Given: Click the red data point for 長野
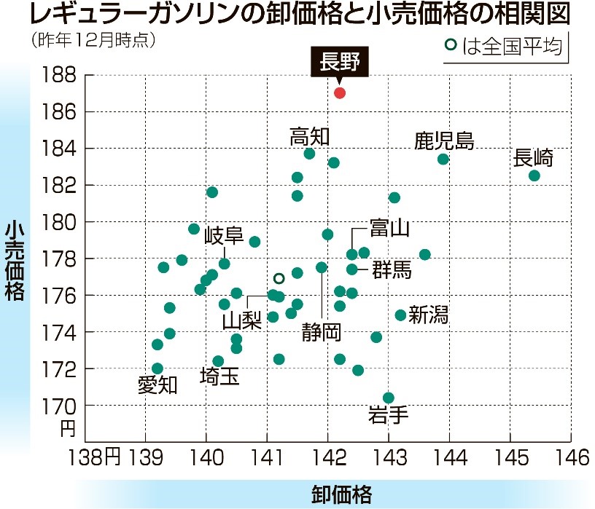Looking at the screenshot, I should click(340, 92).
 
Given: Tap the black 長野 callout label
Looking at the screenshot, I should click(340, 61).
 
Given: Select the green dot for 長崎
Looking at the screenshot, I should click(534, 175).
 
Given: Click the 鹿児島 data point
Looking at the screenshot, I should click(443, 159).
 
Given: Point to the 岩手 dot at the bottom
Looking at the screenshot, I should click(389, 398).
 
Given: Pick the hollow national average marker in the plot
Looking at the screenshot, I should click(279, 278).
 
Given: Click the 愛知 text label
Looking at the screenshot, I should click(157, 385).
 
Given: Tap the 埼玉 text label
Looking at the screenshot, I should click(220, 376).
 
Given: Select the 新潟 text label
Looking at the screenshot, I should click(429, 315).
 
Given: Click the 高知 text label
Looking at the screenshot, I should click(310, 136).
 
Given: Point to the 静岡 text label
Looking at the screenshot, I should click(322, 333).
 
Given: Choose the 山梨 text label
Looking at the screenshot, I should click(242, 320).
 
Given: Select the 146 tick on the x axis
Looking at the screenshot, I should click(571, 458).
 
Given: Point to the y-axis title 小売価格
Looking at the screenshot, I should click(15, 262).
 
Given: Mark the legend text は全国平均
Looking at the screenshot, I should click(513, 47).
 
